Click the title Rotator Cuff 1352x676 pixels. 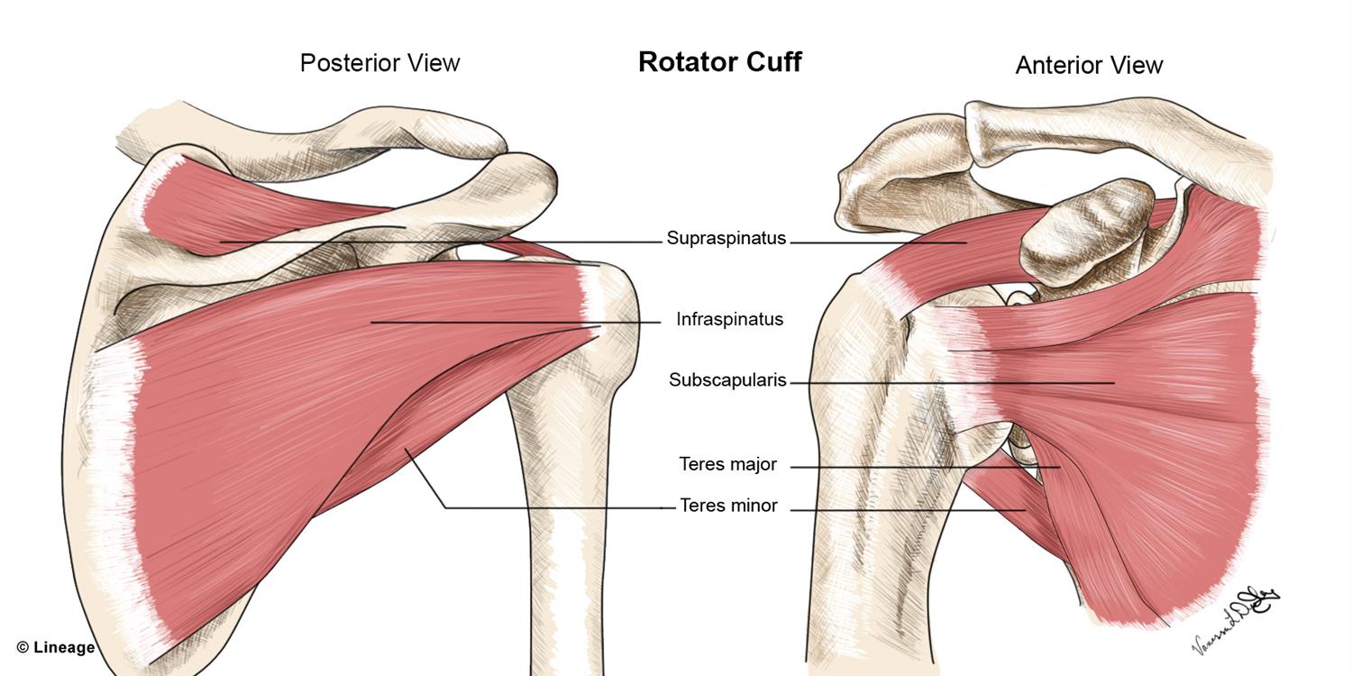point(719,61)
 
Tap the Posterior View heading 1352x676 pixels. point(379,63)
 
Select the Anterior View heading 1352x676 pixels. point(1089,65)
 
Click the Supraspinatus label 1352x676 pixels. point(726,239)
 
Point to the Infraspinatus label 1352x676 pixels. point(729,319)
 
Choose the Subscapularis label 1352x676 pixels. point(727,380)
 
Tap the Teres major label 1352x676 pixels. point(727,465)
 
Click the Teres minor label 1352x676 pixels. point(728,506)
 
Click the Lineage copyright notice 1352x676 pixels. point(55,647)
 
